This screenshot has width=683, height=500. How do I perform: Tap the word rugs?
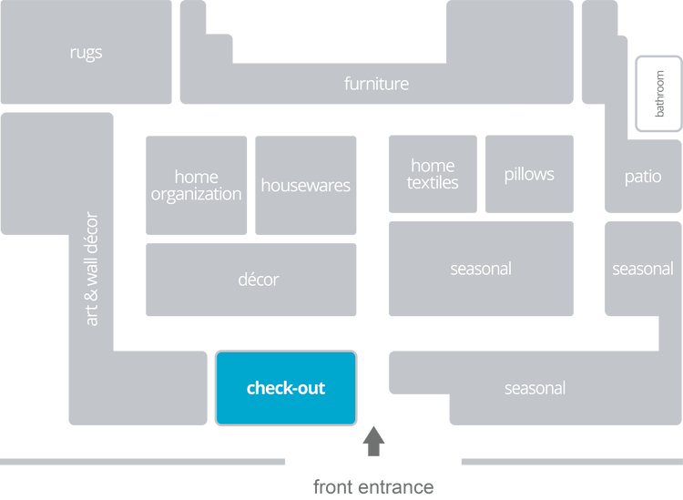click(86, 52)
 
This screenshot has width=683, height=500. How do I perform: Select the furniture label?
click(376, 84)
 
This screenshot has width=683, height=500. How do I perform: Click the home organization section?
click(196, 185)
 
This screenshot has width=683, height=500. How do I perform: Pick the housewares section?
click(305, 185)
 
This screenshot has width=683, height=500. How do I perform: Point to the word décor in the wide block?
click(258, 279)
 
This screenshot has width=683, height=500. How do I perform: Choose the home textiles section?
click(433, 173)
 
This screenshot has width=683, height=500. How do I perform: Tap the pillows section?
click(529, 174)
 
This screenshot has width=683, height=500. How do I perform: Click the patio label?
click(642, 176)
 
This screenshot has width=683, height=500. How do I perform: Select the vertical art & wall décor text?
click(90, 269)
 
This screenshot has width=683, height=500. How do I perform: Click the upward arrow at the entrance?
click(372, 443)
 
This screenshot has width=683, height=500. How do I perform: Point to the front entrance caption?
click(373, 486)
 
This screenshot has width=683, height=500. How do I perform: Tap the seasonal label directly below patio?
click(642, 269)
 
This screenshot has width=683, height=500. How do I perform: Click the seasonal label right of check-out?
click(535, 388)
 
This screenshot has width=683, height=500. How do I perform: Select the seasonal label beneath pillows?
click(481, 269)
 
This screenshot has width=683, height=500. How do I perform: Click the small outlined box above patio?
click(657, 96)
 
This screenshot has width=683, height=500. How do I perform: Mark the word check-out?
click(286, 388)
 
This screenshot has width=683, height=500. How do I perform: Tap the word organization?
click(196, 194)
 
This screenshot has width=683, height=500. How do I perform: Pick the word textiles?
click(433, 182)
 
